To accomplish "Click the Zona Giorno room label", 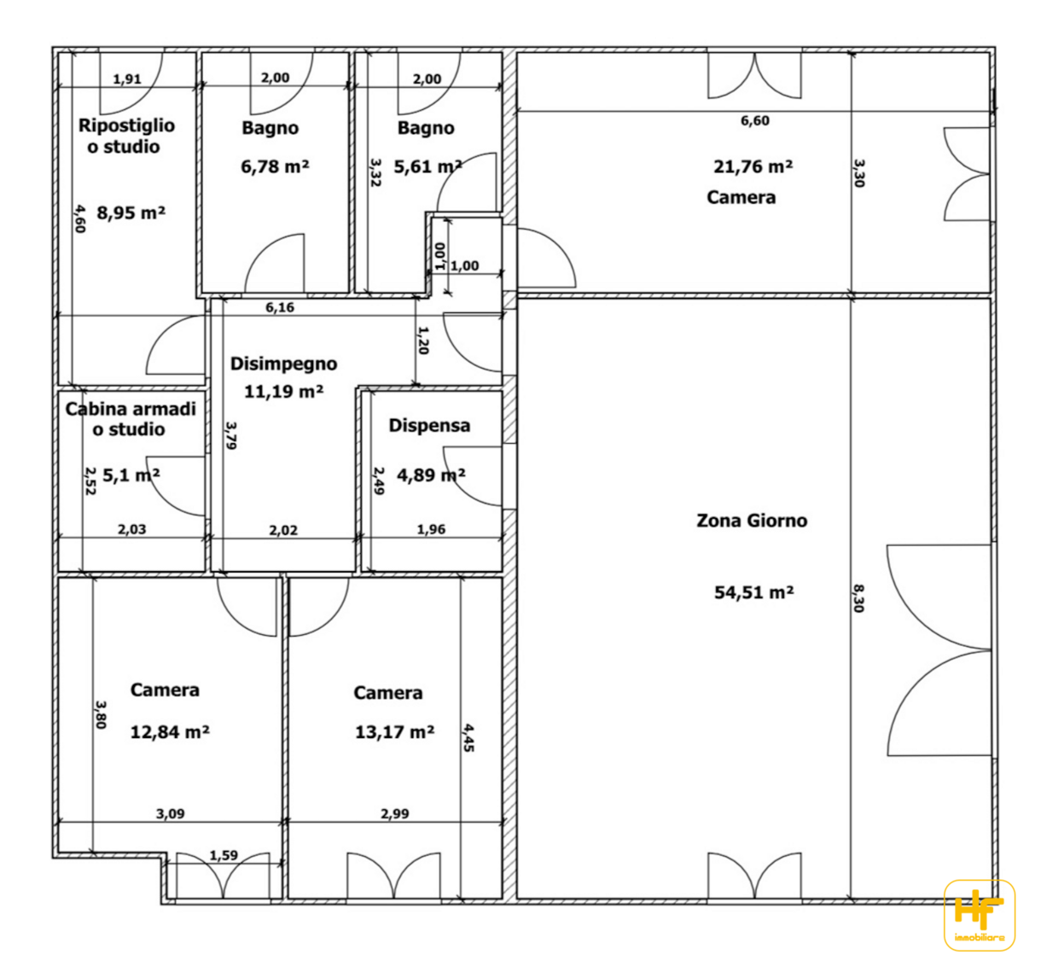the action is point(752,521).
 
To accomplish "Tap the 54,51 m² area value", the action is point(753,592).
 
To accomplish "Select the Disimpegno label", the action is point(283,364).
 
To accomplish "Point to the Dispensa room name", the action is point(429,426).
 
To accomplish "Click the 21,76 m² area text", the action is point(753,166).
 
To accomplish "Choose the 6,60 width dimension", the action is point(755,121).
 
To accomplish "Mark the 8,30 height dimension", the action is point(858,598).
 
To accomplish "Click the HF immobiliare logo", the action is point(980,915).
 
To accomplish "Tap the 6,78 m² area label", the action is point(275,166).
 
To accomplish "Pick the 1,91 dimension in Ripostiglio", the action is point(127,79).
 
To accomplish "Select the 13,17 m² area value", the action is point(395,732).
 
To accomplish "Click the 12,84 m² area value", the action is point(170,732).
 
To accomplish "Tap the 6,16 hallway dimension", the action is point(280,308).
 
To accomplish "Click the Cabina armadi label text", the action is point(131,409).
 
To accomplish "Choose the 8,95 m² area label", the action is point(131,212).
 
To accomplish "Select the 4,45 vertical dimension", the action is point(469,738).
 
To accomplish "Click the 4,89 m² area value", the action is point(431,475).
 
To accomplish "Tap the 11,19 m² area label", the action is point(283,392).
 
